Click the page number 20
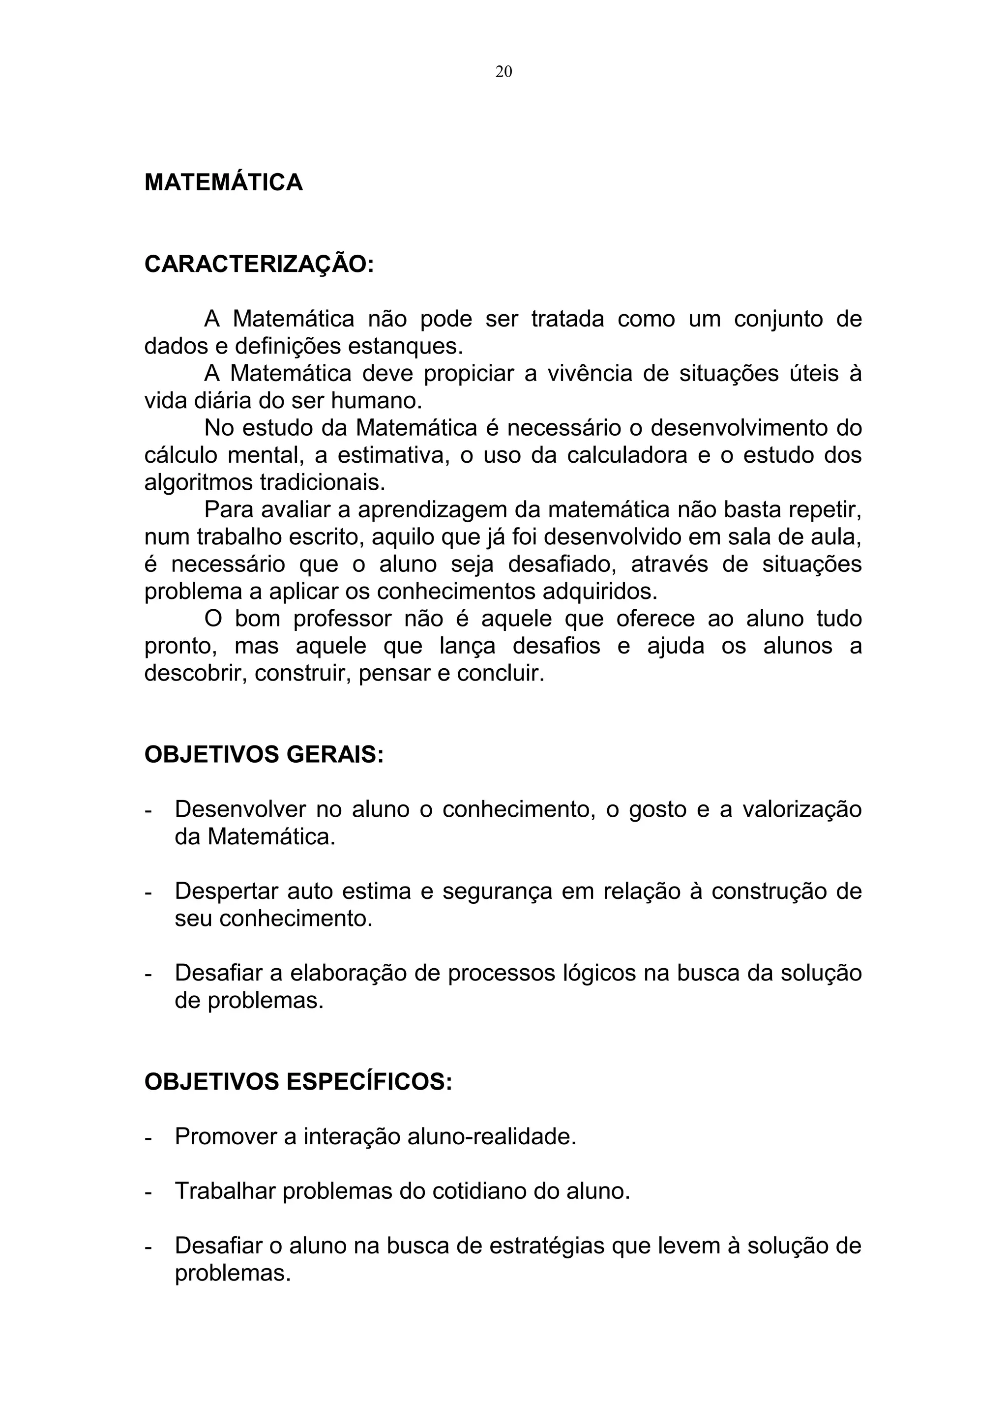(503, 72)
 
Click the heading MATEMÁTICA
(223, 182)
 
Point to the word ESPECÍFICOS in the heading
(369, 1082)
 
